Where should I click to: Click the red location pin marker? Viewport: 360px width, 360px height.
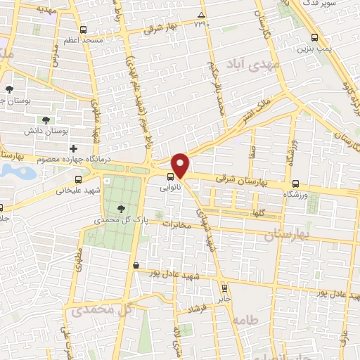pyautogui.click(x=180, y=165)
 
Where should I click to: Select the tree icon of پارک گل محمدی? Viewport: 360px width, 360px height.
pyautogui.click(x=122, y=208)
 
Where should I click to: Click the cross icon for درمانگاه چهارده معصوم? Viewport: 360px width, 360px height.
pyautogui.click(x=73, y=148)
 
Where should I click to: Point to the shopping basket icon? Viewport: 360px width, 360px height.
pyautogui.click(x=135, y=265)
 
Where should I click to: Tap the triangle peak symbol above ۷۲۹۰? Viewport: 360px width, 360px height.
pyautogui.click(x=202, y=15)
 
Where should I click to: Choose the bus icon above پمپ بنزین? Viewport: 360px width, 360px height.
pyautogui.click(x=314, y=37)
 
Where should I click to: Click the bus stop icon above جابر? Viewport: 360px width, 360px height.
pyautogui.click(x=225, y=288)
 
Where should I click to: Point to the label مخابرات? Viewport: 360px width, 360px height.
pyautogui.click(x=178, y=224)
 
